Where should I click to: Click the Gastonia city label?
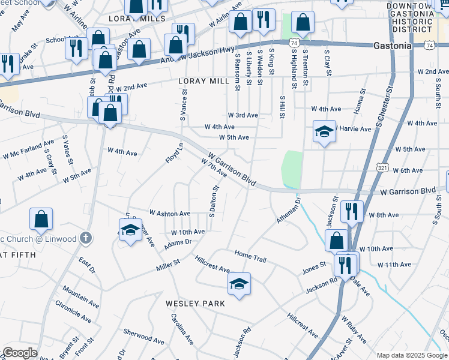click(x=392, y=46)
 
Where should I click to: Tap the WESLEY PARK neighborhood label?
click(x=196, y=304)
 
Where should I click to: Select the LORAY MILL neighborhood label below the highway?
click(x=200, y=80)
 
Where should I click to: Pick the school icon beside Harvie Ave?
click(x=324, y=132)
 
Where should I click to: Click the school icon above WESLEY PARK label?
click(x=239, y=284)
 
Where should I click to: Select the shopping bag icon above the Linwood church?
click(x=41, y=220)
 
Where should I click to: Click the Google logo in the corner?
click(x=20, y=353)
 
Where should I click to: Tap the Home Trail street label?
click(x=250, y=256)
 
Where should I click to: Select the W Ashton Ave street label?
click(x=170, y=213)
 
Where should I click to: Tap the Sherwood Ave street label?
click(x=143, y=336)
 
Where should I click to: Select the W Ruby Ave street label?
click(x=354, y=331)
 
